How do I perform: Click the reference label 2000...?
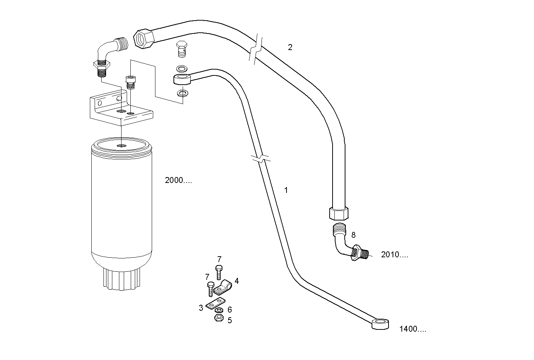point(178,180)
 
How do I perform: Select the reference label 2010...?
point(394,255)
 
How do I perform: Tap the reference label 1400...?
point(412,329)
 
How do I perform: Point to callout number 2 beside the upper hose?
point(290,47)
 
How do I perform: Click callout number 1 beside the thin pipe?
point(286,190)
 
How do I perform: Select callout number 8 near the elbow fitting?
point(354,234)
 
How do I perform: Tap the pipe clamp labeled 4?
point(224,287)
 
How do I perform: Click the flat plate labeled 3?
point(215,304)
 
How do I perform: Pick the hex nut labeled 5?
point(218,318)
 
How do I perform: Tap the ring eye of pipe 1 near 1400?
point(380,324)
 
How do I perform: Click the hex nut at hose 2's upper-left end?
point(143,39)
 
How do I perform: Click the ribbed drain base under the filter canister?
point(121,279)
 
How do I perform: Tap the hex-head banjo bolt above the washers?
point(181,49)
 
